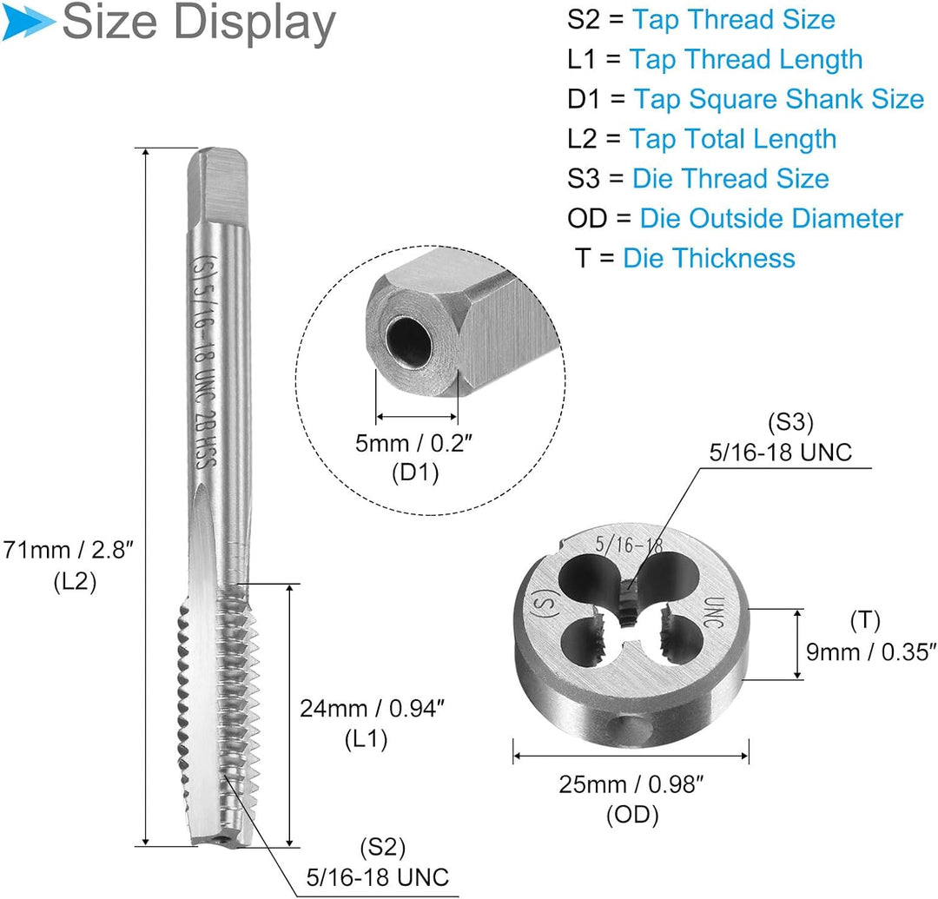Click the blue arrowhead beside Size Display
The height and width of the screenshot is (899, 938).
coord(28,23)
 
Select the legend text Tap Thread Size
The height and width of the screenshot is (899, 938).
coord(733,20)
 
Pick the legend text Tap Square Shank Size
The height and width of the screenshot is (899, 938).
coord(779,99)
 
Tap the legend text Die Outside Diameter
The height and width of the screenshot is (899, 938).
coord(771,218)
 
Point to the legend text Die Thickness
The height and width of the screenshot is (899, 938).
coord(709,258)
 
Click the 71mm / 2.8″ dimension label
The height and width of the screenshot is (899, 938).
coord(68,550)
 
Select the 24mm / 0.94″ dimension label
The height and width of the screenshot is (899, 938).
coord(372,709)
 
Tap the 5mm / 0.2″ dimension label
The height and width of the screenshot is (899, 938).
coord(413,444)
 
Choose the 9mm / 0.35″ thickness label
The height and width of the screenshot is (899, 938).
coord(871,652)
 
